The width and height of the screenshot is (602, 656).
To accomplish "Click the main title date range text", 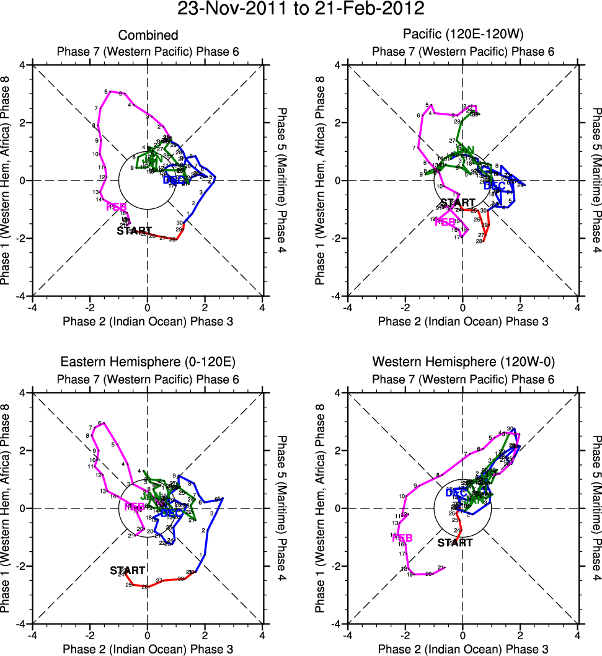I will pos(301,10).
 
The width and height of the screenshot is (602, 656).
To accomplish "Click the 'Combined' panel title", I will pos(148,35).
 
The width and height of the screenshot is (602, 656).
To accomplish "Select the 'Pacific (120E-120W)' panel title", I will pos(462,35).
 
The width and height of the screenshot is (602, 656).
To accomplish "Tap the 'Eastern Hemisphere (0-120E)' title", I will pos(148,363).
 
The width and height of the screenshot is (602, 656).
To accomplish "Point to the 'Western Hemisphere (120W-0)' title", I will pos(462,363).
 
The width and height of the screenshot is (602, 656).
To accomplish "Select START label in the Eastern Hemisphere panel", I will pos(128,570).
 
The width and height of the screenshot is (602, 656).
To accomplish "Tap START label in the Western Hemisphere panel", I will pos(454,543).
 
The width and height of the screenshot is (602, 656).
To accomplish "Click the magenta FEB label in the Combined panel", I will pos(117,206).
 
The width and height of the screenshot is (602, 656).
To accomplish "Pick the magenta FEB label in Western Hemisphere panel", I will pos(402,538).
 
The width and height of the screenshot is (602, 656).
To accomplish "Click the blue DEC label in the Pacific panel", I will pos(494,185).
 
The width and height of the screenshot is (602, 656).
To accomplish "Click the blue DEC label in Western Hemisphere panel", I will pos(456,492).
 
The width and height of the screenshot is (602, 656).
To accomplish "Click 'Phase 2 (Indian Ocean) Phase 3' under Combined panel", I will pos(148,321).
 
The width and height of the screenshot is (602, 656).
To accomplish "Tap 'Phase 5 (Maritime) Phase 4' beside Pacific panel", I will pos(596,180).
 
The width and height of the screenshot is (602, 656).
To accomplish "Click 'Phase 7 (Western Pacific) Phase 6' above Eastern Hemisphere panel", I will pos(148,379).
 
